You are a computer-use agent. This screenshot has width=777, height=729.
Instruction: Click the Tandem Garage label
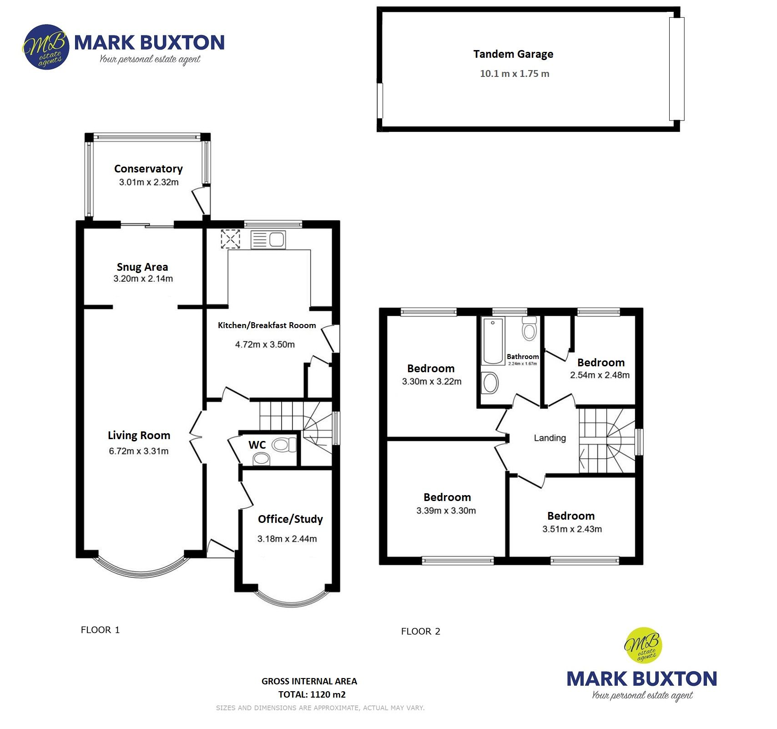513,54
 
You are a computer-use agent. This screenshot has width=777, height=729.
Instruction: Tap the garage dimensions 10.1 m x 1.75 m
515,74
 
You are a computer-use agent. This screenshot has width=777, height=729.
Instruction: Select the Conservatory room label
148,169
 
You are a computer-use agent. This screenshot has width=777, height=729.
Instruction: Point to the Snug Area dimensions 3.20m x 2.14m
143,279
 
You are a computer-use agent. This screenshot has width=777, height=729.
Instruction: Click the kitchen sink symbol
268,239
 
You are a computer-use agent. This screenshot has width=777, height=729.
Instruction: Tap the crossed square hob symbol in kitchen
230,239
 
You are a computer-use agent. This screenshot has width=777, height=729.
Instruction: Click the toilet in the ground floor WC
283,444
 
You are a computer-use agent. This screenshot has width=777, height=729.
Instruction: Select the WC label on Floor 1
257,445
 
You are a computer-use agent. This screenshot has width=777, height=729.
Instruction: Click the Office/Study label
290,519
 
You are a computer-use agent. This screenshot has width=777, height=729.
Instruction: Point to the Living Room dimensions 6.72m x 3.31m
139,451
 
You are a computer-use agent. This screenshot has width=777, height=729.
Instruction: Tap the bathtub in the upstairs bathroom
493,341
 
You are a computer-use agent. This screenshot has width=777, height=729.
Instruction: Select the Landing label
550,438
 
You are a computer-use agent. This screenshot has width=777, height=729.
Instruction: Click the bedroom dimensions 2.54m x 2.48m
600,375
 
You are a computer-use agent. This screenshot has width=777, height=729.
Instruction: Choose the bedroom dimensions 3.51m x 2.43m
572,529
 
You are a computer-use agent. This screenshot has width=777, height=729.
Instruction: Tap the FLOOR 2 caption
421,631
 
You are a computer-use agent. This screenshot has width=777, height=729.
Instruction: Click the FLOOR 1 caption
100,630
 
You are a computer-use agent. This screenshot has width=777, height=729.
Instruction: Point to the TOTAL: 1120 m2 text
312,694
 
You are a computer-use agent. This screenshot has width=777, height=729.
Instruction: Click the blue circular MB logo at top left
45,47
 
